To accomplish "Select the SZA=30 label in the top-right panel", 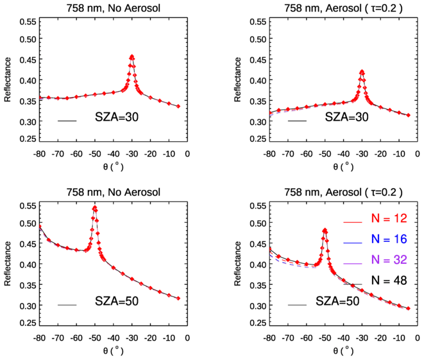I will point(346,119).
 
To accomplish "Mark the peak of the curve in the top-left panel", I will point(131,56).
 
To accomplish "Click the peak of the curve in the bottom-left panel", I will point(95,207).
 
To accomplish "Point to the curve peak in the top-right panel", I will point(362,71).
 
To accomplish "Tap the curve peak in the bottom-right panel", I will point(325,229).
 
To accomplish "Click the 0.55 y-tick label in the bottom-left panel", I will point(26,205).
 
